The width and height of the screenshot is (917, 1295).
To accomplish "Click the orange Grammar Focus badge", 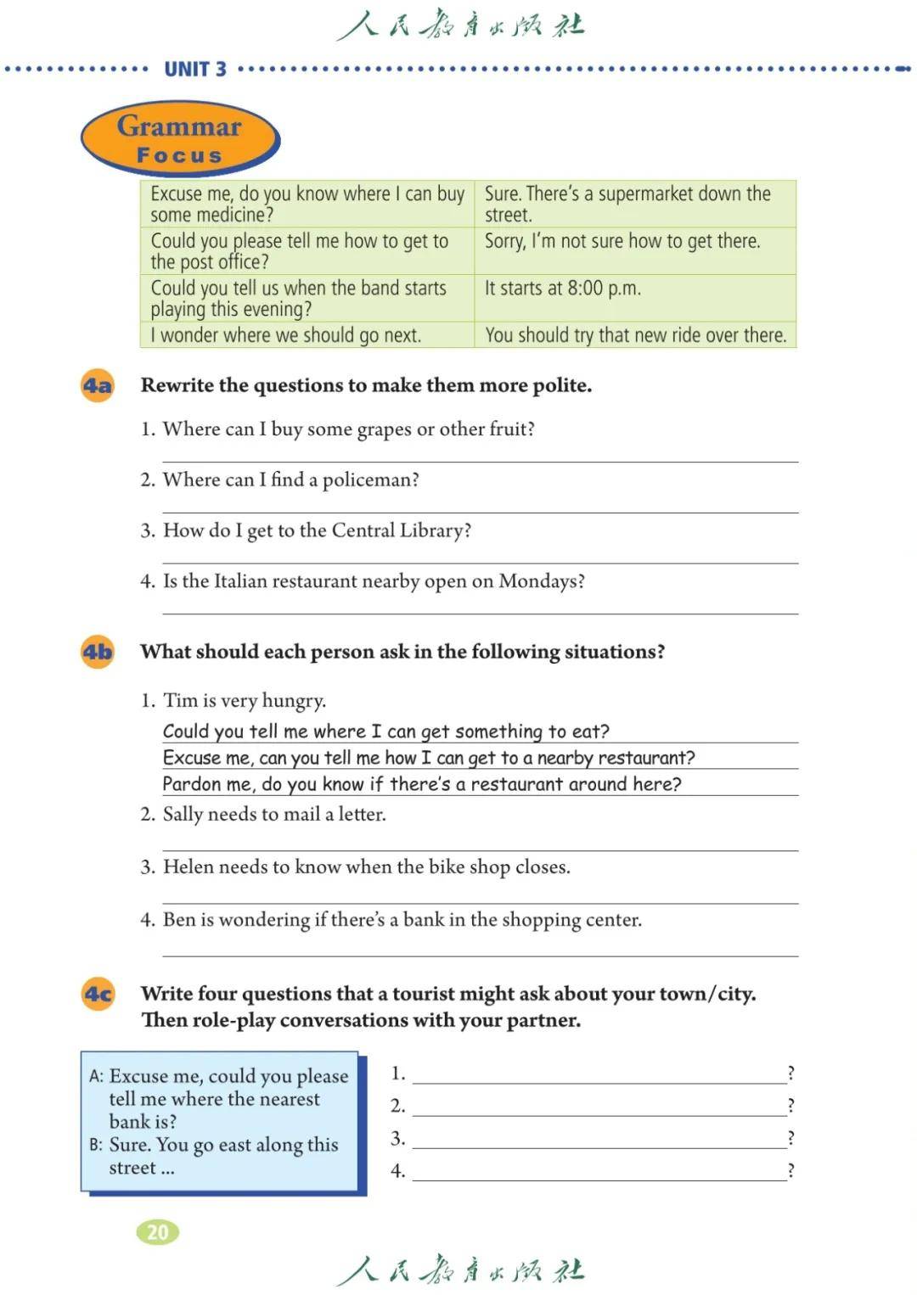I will click(179, 138).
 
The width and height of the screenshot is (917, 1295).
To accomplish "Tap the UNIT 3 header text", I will click(195, 70).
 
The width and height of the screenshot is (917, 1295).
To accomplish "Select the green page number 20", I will click(158, 1231).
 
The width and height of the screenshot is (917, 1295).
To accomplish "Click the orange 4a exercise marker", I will click(98, 386).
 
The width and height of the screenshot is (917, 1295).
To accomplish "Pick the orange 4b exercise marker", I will click(98, 652).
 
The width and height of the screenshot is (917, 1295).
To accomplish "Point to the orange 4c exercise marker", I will click(98, 994).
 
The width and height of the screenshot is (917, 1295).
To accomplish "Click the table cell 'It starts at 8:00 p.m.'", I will click(562, 289).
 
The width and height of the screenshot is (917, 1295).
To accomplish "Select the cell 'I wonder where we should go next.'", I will click(286, 335).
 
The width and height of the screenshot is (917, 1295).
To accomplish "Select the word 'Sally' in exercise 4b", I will click(183, 815).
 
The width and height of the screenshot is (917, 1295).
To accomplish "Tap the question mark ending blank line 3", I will click(790, 1138).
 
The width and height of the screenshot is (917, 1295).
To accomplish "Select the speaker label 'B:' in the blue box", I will click(96, 1145).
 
